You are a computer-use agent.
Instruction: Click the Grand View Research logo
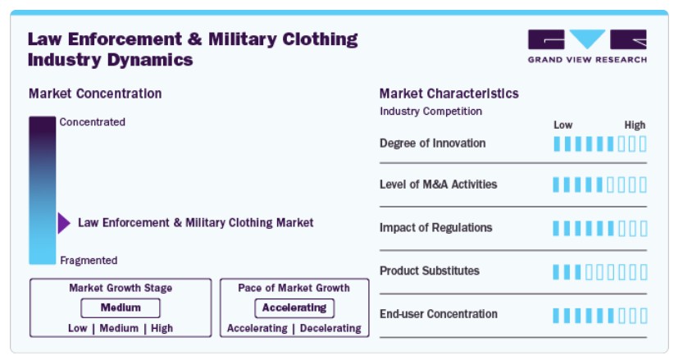(x=587, y=46)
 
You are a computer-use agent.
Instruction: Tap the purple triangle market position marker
(x=64, y=223)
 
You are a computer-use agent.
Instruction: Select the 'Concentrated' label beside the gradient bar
(x=92, y=122)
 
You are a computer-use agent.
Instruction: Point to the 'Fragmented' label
(x=89, y=260)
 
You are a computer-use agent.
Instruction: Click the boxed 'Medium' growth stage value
(x=121, y=308)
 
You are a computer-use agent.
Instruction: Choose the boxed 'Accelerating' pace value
(x=294, y=308)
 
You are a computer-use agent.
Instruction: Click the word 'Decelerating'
(x=330, y=328)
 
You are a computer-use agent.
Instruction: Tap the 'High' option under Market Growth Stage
(x=162, y=328)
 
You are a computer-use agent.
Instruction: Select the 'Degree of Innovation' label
(x=433, y=144)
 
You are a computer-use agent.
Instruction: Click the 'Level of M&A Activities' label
(x=438, y=185)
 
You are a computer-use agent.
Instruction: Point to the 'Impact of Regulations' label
(x=435, y=228)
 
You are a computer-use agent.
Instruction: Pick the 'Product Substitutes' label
(x=430, y=271)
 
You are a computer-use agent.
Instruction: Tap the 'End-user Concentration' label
(x=438, y=314)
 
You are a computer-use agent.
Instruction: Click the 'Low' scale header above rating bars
(x=563, y=125)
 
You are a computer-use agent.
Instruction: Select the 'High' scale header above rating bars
(x=635, y=125)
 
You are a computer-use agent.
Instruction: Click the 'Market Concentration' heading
(x=95, y=93)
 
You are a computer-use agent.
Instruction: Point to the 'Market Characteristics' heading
(x=448, y=93)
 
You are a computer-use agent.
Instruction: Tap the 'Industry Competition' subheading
(x=430, y=112)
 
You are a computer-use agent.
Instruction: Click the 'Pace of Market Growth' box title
(x=294, y=288)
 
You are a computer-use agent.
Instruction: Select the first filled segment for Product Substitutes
(x=556, y=272)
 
